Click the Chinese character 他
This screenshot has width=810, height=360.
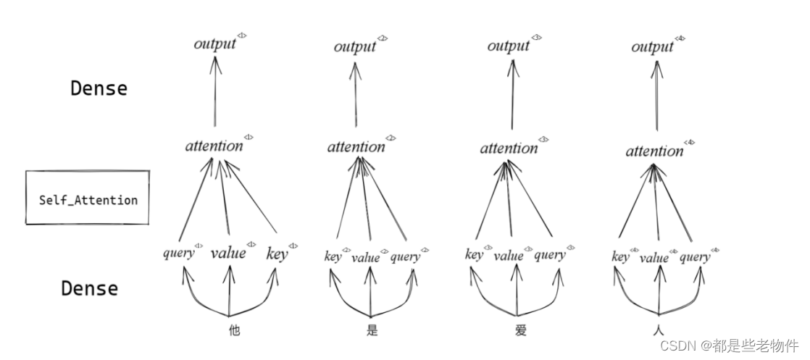[234, 331]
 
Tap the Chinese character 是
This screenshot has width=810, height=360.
[372, 331]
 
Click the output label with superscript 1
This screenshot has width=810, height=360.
[215, 44]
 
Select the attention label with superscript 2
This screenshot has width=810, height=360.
[356, 147]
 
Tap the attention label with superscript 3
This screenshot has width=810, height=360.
[509, 148]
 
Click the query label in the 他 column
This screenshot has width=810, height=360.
[179, 253]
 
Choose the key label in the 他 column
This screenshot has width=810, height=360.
[277, 254]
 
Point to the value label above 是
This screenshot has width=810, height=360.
[366, 257]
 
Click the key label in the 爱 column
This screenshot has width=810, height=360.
[474, 255]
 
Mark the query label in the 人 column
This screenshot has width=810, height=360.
[695, 257]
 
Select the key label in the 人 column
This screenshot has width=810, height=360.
[620, 257]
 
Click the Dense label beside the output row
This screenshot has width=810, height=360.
[99, 89]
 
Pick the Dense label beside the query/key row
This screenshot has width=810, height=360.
[89, 288]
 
